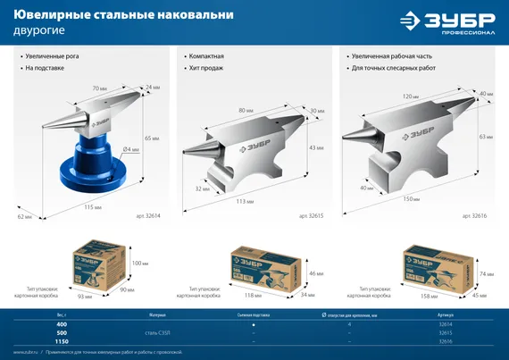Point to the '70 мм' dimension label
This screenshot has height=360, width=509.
click(x=100, y=88)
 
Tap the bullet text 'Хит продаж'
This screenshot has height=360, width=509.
click(x=205, y=68)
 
